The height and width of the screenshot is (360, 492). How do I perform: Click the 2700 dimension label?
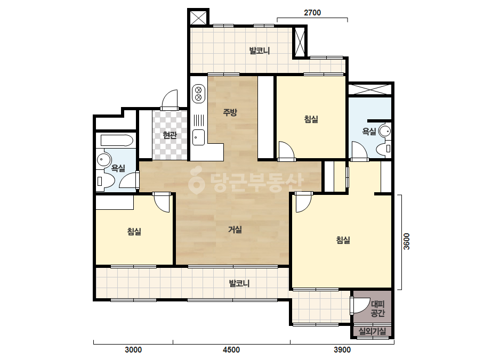(x=312, y=13)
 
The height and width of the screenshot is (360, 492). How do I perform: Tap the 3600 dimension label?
(x=406, y=241)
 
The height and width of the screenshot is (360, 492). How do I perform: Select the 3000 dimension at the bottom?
(x=133, y=350)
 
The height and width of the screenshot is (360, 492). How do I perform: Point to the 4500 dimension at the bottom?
(x=231, y=350)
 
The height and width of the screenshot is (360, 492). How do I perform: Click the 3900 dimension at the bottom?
(x=342, y=350)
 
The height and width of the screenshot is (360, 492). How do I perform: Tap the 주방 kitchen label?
(x=230, y=112)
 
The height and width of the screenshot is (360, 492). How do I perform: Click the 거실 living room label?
(x=235, y=230)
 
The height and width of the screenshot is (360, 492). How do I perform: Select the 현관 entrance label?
(x=170, y=135)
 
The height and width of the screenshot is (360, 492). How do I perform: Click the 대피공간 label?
(x=377, y=308)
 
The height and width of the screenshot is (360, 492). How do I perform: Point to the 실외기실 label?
(x=372, y=331)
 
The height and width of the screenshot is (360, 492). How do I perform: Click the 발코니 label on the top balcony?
(x=260, y=51)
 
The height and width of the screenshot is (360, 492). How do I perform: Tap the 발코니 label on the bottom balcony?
(x=239, y=283)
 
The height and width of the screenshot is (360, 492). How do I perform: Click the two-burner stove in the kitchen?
(x=198, y=93)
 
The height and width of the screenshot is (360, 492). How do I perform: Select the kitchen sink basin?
(x=198, y=137)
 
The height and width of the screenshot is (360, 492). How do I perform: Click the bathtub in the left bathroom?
(x=117, y=141)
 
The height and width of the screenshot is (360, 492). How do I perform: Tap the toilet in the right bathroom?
(x=384, y=149)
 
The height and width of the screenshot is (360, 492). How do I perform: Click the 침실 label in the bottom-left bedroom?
(x=134, y=232)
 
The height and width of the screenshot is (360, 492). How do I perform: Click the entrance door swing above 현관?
(x=170, y=100)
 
